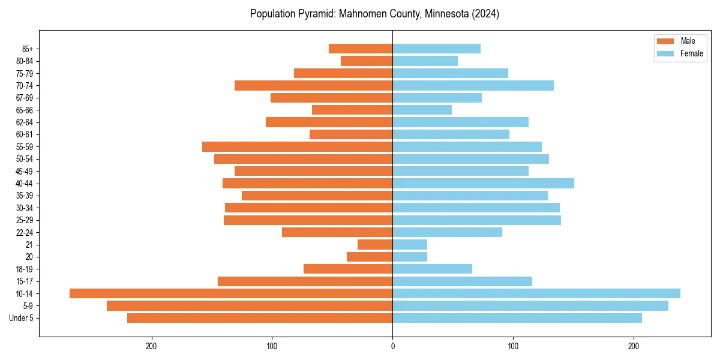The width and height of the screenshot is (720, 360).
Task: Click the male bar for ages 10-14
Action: point(231,293)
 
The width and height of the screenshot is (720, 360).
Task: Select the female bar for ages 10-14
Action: point(536,293)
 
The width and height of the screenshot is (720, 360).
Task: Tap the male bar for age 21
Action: point(375,244)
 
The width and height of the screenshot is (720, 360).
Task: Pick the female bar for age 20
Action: point(410,257)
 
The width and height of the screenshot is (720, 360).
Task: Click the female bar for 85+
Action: point(436,49)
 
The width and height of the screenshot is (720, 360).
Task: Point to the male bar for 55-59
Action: point(297,146)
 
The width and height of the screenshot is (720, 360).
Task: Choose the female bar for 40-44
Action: point(483,183)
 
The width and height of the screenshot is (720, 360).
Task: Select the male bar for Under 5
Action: point(260,318)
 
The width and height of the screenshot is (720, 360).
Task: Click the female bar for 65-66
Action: point(422,110)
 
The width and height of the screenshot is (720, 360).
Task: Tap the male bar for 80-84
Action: point(367,61)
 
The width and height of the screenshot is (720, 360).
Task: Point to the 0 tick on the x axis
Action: point(392,346)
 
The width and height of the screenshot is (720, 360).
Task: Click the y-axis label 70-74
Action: point(25,85)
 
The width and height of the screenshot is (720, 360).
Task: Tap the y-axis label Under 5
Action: point(21,318)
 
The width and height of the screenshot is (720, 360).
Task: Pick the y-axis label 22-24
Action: point(25,232)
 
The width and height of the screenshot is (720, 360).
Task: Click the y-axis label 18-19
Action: point(25,269)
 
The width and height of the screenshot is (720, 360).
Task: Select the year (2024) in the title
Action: point(485,14)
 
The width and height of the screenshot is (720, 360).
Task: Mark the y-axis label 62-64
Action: point(25,122)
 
